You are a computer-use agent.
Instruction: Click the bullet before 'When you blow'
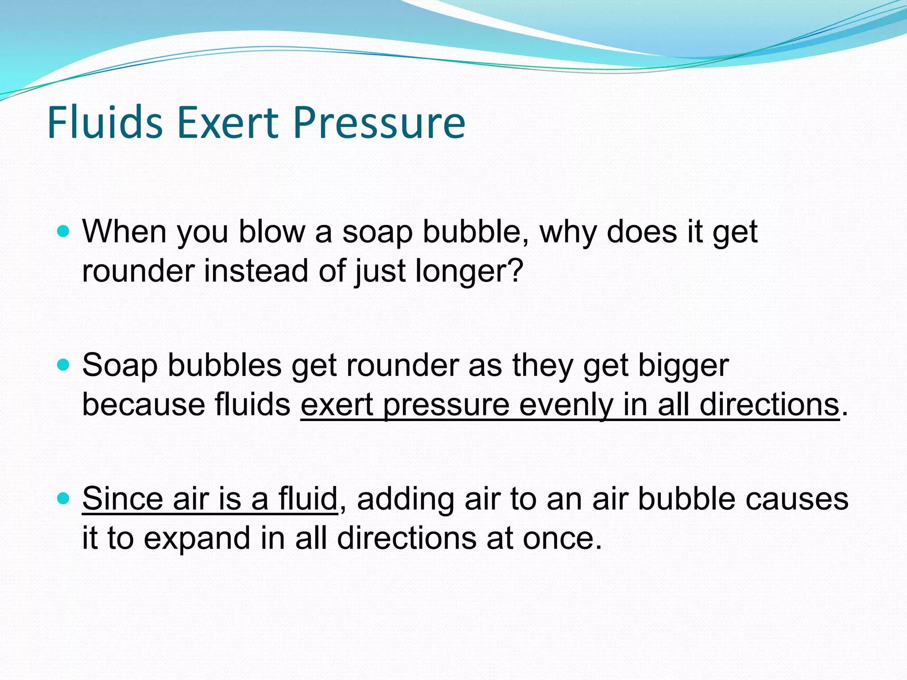(64, 231)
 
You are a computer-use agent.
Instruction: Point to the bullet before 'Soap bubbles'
(64, 365)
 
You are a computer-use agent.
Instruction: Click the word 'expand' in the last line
(197, 539)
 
